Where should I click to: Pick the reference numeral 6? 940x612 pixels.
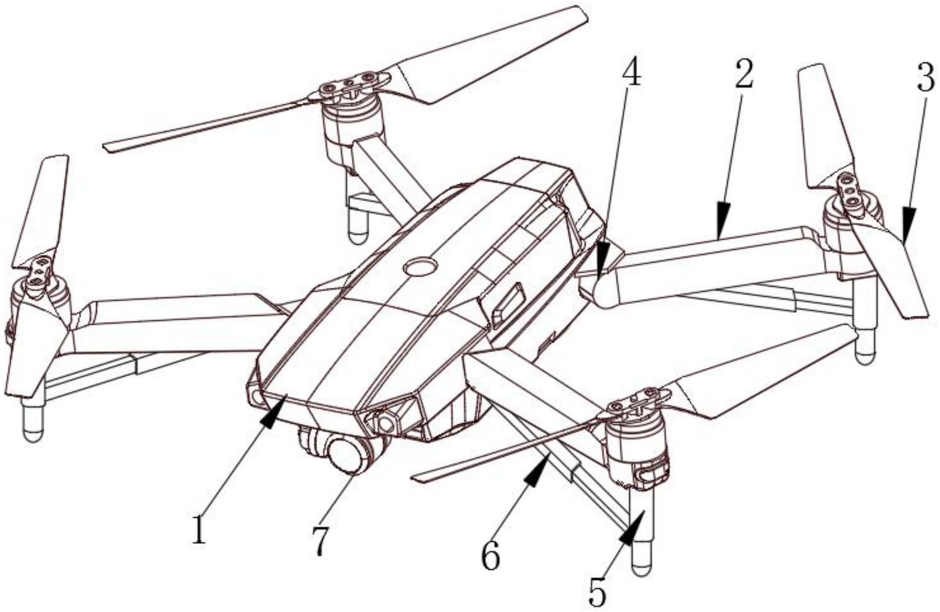pyautogui.click(x=490, y=556)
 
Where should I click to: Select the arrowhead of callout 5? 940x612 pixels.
pyautogui.click(x=631, y=529)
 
